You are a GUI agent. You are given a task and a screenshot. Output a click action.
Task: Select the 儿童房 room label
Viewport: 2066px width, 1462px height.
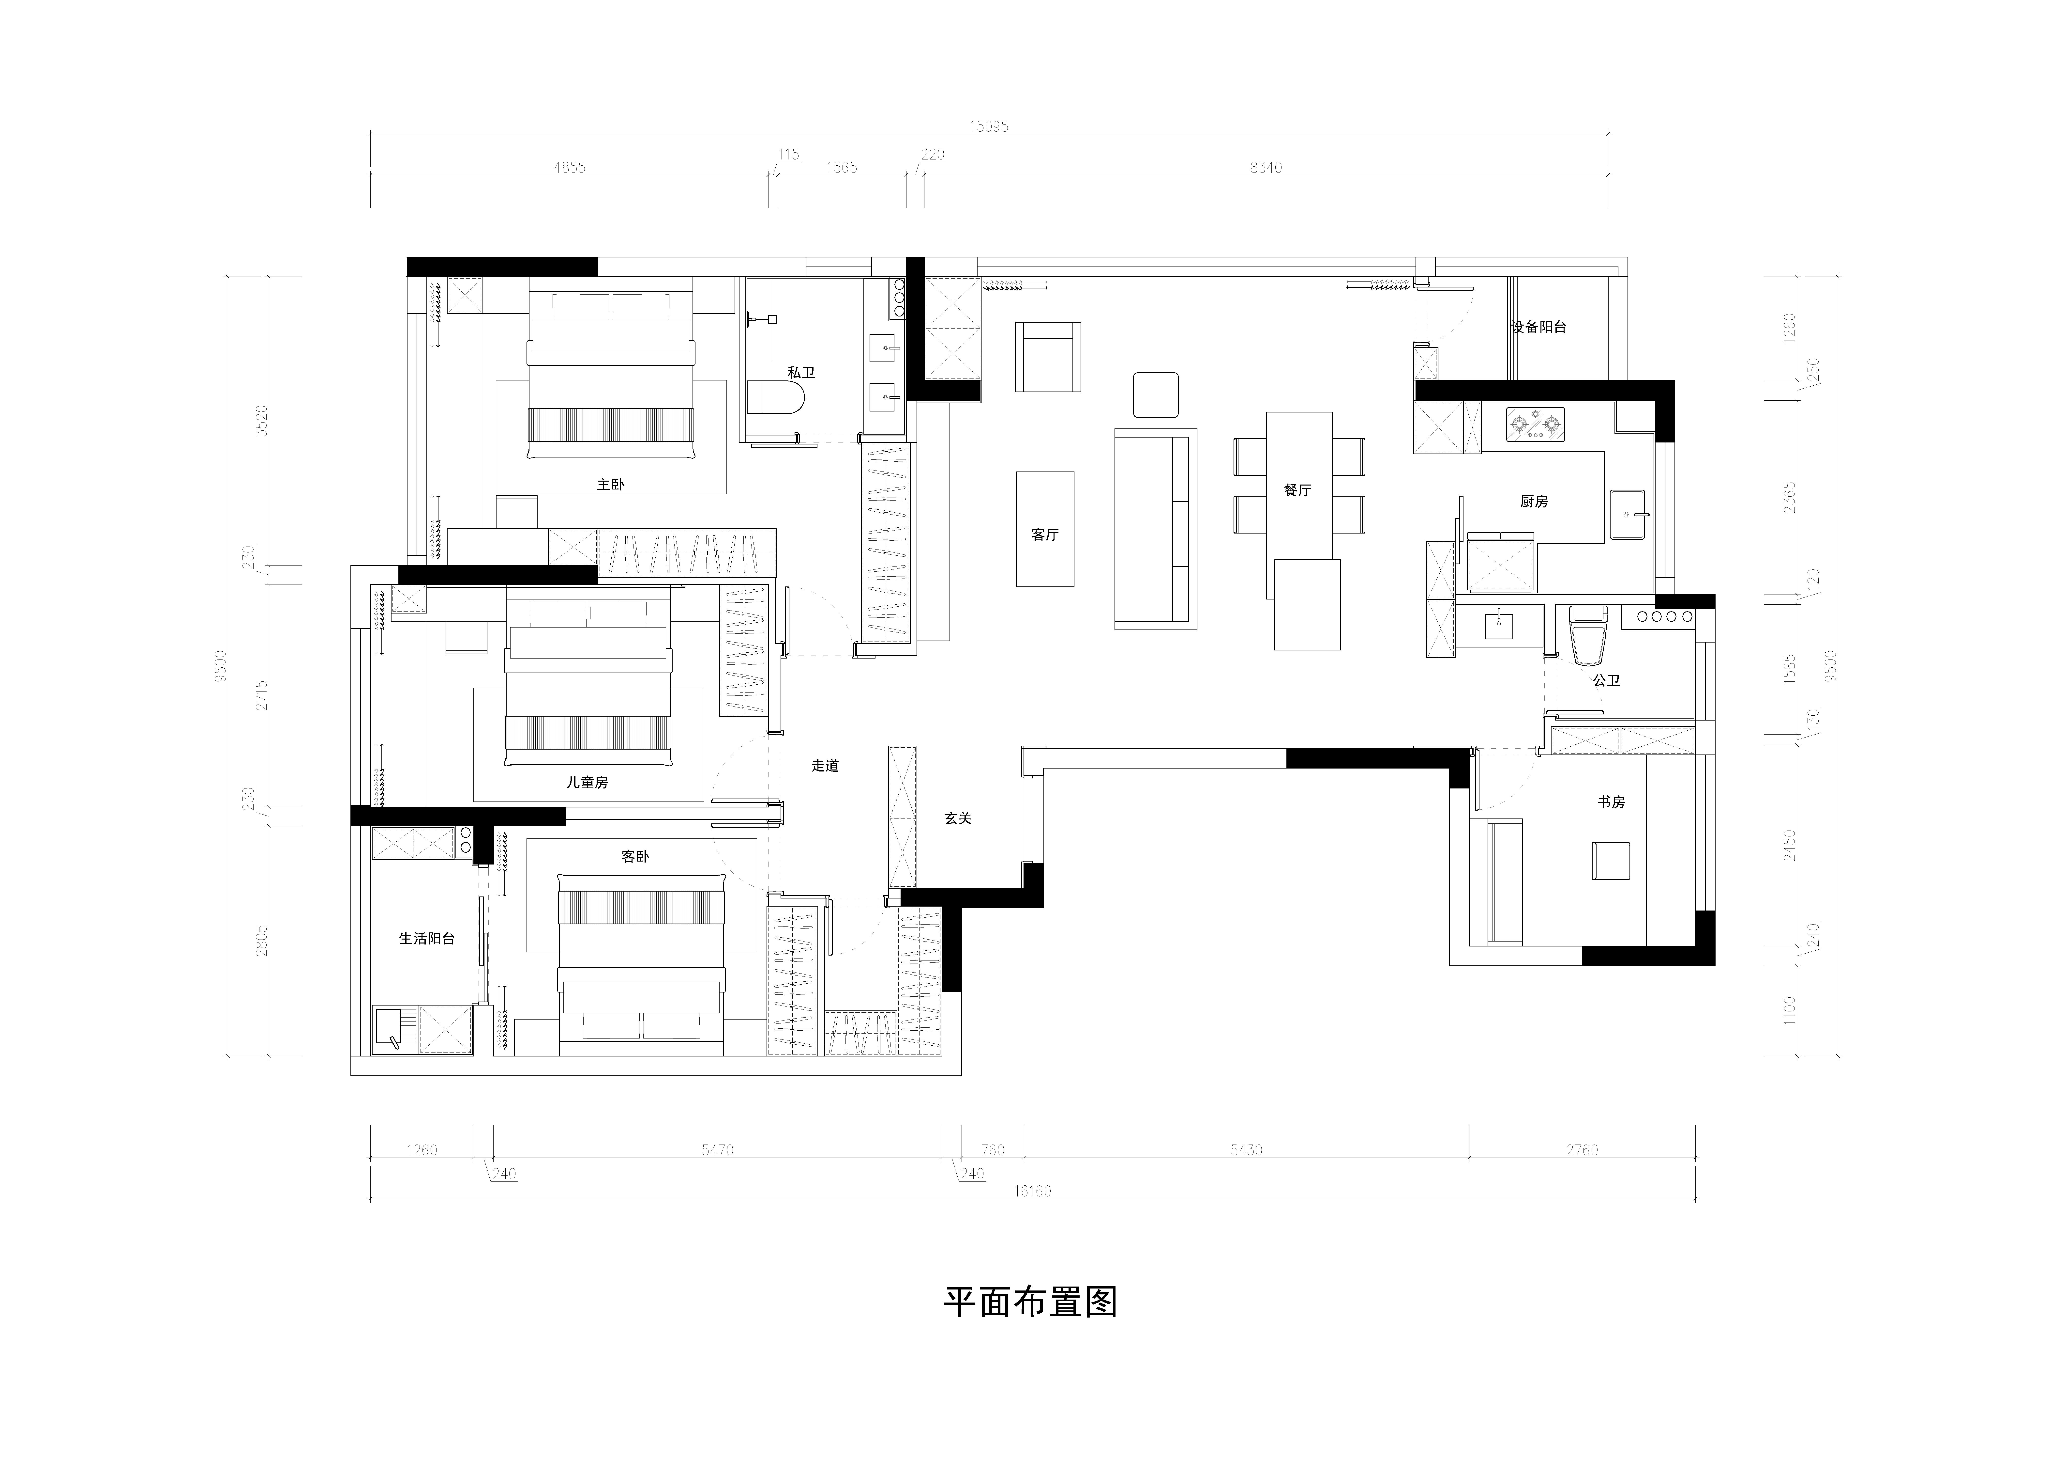[587, 782]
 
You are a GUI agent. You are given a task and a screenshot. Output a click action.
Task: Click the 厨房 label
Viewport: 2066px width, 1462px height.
[1534, 502]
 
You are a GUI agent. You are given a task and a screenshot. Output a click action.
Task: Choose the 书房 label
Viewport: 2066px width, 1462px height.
[1611, 801]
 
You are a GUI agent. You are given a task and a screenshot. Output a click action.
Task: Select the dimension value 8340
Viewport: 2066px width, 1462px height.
[1265, 167]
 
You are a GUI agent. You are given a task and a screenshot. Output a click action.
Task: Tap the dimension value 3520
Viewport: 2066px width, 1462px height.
[261, 420]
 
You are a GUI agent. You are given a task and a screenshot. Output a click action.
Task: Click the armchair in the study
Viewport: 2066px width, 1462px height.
[1611, 861]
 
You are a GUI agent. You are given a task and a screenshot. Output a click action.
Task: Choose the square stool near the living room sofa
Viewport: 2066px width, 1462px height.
[1155, 394]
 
